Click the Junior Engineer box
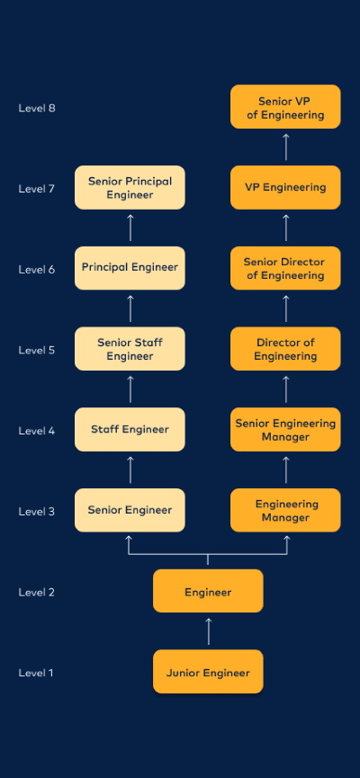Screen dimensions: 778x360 pyautogui.click(x=208, y=672)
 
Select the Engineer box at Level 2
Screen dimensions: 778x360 pyautogui.click(x=208, y=592)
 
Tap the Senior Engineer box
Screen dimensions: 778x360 pyautogui.click(x=130, y=510)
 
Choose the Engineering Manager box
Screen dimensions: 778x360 pyautogui.click(x=286, y=510)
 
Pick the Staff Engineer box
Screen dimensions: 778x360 pyautogui.click(x=130, y=430)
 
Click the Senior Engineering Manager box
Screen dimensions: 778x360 pyautogui.click(x=286, y=430)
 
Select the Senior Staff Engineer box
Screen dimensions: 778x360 pyautogui.click(x=130, y=349)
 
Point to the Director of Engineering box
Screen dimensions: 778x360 pyautogui.click(x=286, y=349)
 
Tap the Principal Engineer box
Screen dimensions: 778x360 pyautogui.click(x=130, y=268)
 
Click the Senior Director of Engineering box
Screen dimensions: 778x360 pyautogui.click(x=286, y=268)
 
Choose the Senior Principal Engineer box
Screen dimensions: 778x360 pyautogui.click(x=130, y=187)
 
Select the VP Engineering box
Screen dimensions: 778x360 pyautogui.click(x=286, y=187)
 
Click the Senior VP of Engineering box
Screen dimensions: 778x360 pyautogui.click(x=286, y=107)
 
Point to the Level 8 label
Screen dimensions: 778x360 pyautogui.click(x=37, y=108)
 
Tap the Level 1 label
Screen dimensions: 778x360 pyautogui.click(x=37, y=673)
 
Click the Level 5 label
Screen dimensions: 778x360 pyautogui.click(x=37, y=350)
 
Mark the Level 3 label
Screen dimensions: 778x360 pyautogui.click(x=37, y=512)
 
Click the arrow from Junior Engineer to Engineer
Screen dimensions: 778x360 pyautogui.click(x=208, y=631)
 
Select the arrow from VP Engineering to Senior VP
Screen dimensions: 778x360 pyautogui.click(x=286, y=147)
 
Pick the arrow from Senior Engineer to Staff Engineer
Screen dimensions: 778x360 pyautogui.click(x=130, y=469)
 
